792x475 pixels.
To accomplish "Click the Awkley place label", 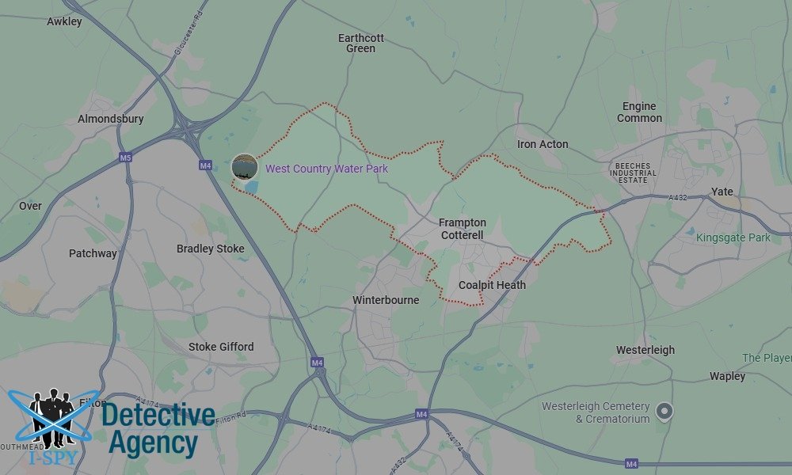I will (64, 21).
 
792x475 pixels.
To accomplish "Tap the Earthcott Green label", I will (360, 43).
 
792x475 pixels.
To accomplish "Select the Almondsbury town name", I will (111, 119).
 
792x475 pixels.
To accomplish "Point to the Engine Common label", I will (639, 112).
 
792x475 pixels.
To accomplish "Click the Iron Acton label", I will (543, 144).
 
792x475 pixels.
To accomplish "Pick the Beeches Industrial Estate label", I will (633, 173).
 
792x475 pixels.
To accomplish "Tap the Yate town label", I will (722, 192).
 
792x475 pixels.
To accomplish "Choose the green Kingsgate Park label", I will (733, 237).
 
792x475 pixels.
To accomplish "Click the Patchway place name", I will (93, 253).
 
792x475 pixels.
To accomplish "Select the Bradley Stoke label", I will (210, 249).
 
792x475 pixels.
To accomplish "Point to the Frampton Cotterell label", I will (463, 229).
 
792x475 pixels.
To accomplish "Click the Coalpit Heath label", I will (492, 285).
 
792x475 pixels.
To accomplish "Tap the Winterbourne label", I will (386, 300).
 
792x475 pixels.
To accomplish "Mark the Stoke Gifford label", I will (221, 347).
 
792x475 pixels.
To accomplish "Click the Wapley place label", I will (727, 376).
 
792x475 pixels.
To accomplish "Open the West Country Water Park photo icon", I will (244, 167).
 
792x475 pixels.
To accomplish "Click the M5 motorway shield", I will (125, 158).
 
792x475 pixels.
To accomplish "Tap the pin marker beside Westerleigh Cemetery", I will (665, 410).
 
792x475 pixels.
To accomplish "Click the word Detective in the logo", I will (158, 414).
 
